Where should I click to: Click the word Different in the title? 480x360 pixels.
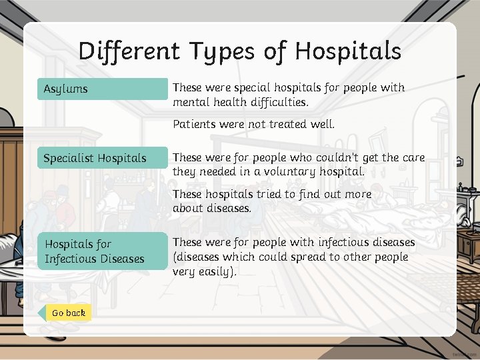tap(127, 51)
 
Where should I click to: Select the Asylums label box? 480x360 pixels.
tap(103, 89)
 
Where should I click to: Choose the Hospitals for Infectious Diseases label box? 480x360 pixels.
tap(103, 251)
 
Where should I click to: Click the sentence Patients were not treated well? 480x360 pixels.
tap(253, 123)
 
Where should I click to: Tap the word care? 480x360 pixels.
tap(413, 158)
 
